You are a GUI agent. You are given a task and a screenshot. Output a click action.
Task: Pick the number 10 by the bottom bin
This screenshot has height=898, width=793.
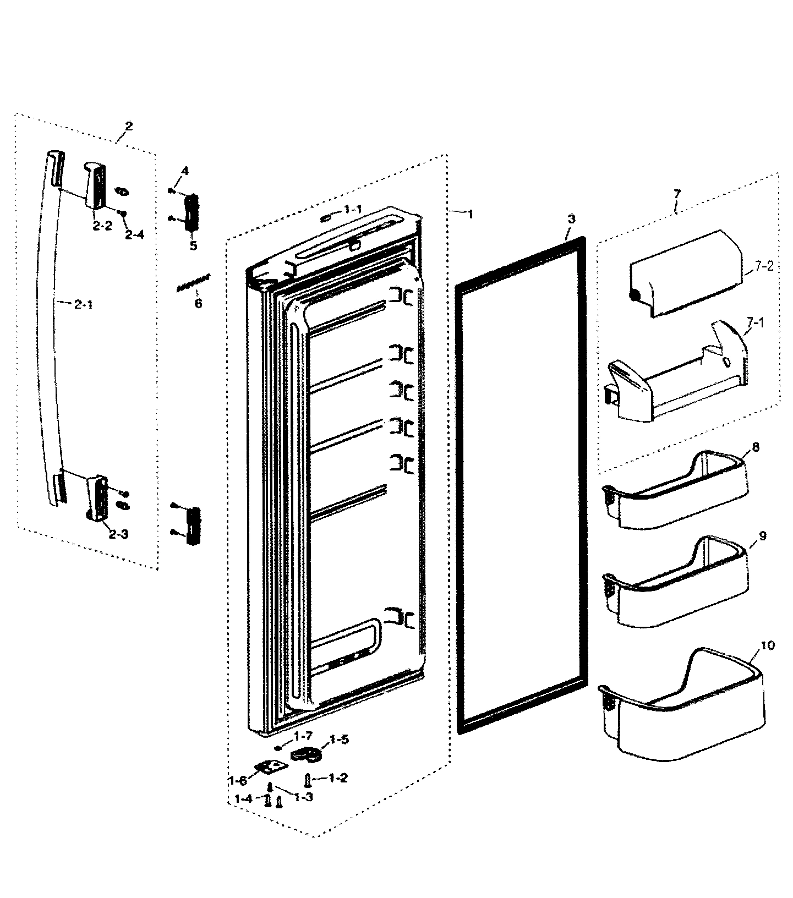(x=769, y=645)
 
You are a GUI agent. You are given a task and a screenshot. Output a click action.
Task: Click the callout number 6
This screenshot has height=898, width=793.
(x=198, y=303)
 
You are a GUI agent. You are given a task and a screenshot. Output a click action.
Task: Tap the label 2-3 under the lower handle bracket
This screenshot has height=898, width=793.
(x=118, y=534)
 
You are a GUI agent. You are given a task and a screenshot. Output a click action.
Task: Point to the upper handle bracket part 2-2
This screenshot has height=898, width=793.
(x=95, y=185)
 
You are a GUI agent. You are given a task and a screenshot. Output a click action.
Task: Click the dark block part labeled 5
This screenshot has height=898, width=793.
(x=192, y=212)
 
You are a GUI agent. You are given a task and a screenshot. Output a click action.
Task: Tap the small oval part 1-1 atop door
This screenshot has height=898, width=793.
(x=325, y=218)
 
